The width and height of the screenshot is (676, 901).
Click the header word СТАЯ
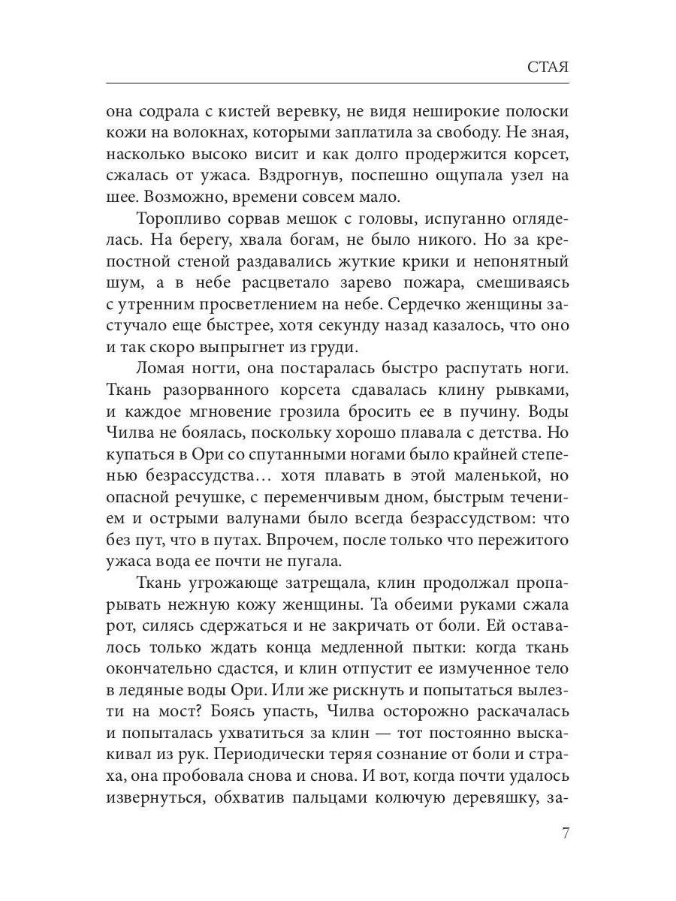click(547, 67)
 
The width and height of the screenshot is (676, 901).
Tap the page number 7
click(565, 833)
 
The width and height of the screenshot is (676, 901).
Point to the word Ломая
click(161, 370)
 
